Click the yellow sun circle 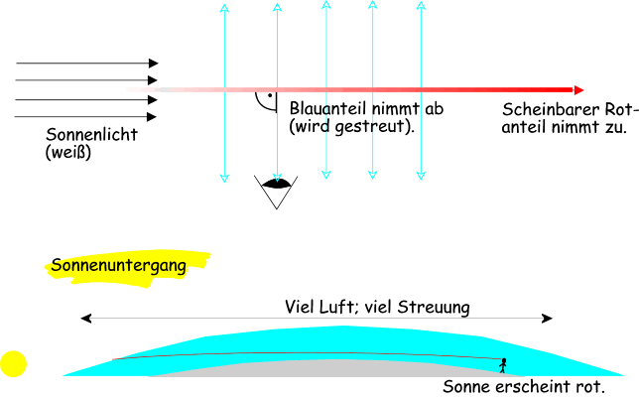pyautogui.click(x=13, y=364)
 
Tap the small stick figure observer pyautogui.click(x=503, y=364)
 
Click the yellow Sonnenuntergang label pyautogui.click(x=127, y=266)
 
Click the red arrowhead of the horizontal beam pyautogui.click(x=578, y=89)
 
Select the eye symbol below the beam pyautogui.click(x=277, y=183)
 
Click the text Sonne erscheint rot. pyautogui.click(x=523, y=386)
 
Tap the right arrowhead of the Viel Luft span pyautogui.click(x=551, y=319)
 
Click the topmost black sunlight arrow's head pyautogui.click(x=154, y=63)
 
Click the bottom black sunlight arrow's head pyautogui.click(x=154, y=117)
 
